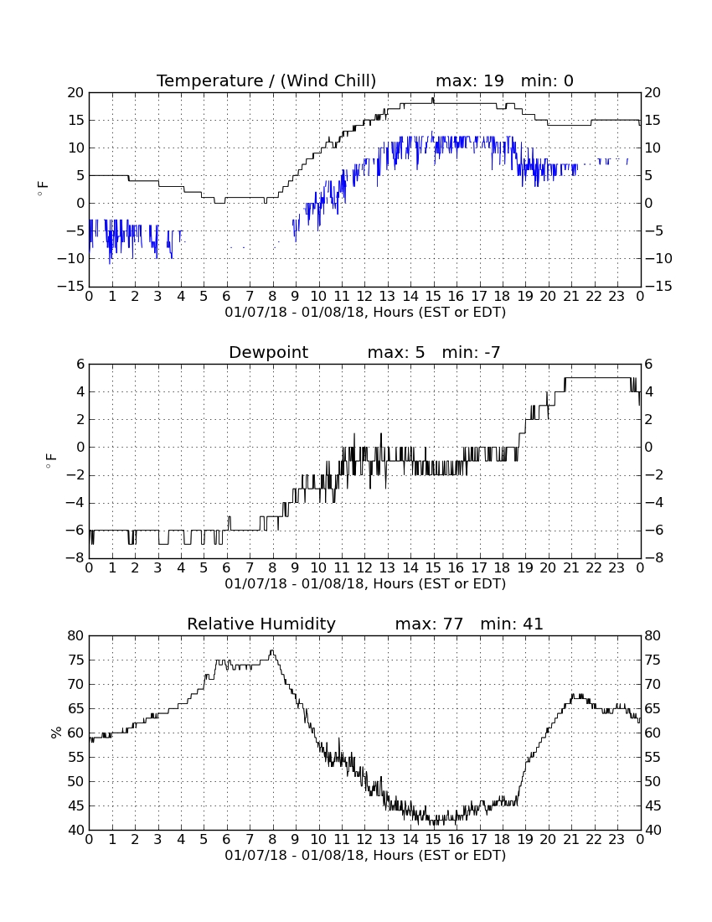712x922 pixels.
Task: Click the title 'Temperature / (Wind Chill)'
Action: pyautogui.click(x=266, y=81)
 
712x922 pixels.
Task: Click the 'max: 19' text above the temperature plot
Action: pyautogui.click(x=470, y=80)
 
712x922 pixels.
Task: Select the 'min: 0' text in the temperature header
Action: pyautogui.click(x=547, y=80)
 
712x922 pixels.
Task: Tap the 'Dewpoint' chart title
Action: pyautogui.click(x=269, y=353)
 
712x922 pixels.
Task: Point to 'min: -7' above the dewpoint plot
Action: pyautogui.click(x=471, y=352)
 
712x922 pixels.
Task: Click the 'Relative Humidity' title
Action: pyautogui.click(x=261, y=624)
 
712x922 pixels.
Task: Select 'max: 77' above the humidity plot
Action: pyautogui.click(x=429, y=624)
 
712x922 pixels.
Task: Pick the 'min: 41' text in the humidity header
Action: pyautogui.click(x=512, y=624)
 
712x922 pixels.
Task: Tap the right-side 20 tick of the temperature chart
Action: pyautogui.click(x=653, y=93)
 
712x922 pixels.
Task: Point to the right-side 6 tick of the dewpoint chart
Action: pyautogui.click(x=648, y=365)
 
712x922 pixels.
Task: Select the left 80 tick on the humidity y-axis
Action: pyautogui.click(x=76, y=635)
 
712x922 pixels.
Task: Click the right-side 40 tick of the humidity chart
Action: pyautogui.click(x=653, y=831)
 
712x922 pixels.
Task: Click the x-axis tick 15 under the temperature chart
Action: pyautogui.click(x=433, y=297)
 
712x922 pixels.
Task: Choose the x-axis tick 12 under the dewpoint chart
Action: pyautogui.click(x=364, y=568)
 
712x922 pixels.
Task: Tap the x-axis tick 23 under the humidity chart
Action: pyautogui.click(x=617, y=840)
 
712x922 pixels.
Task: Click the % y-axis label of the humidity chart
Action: pyautogui.click(x=56, y=733)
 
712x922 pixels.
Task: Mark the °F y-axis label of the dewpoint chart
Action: pyautogui.click(x=52, y=461)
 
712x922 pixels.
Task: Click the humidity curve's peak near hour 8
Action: pyautogui.click(x=271, y=650)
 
